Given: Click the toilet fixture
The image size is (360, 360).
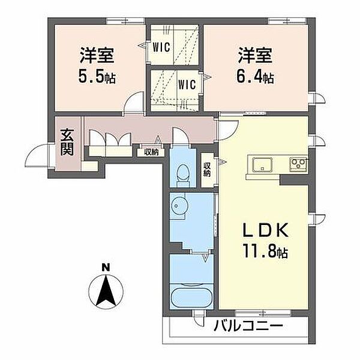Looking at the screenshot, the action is tap(183, 175).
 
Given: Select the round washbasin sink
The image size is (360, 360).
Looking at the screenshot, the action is tap(179, 205).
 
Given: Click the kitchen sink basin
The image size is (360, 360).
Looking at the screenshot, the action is tap(262, 164).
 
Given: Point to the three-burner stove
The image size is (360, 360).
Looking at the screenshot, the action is tap(298, 164).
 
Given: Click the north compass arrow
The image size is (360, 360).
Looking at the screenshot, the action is tap(106, 292).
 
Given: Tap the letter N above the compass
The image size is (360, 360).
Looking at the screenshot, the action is tap(106, 268).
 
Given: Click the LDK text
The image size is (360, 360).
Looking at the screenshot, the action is tap(265, 230).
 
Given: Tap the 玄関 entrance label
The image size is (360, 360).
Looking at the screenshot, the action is tap(67, 142).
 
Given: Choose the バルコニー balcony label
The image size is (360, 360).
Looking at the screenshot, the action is tap(248, 326).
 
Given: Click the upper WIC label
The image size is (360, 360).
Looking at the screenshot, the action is tap(161, 47).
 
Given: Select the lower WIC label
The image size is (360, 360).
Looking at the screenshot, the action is tap(187, 84).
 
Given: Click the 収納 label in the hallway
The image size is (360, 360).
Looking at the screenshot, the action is tap(151, 152).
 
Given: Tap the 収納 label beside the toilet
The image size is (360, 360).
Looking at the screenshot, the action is tap(207, 170).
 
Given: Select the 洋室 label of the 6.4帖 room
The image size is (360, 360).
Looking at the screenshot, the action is tap(255, 55).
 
